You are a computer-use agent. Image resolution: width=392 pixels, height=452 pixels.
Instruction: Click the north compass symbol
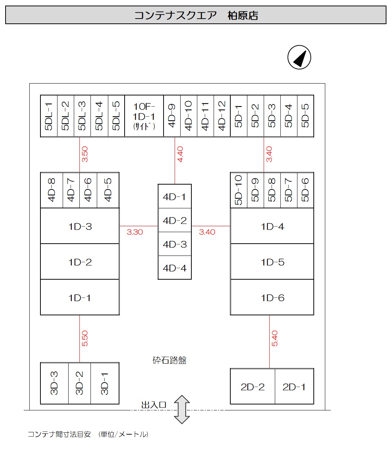(299, 58)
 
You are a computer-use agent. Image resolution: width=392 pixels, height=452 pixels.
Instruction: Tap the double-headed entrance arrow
(182, 409)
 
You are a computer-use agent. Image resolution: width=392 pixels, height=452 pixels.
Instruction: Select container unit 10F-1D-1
(144, 116)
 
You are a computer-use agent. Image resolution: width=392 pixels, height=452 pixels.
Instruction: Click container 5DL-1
(49, 116)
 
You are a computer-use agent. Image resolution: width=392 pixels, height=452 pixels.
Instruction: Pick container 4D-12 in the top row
(222, 116)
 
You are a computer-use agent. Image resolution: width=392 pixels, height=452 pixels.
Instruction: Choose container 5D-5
(305, 116)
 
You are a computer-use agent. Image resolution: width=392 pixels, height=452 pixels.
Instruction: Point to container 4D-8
(52, 190)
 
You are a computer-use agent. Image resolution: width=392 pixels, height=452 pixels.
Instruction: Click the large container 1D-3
(80, 226)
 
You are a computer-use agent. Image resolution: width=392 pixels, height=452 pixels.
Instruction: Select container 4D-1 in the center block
(174, 196)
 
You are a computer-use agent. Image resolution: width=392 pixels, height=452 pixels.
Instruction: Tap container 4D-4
(174, 268)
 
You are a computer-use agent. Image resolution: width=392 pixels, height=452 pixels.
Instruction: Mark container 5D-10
(238, 190)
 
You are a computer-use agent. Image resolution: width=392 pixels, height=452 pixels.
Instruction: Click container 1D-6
(272, 297)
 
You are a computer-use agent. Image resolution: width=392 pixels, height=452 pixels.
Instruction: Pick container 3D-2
(79, 383)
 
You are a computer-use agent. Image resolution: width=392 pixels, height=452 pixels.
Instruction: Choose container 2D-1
(294, 387)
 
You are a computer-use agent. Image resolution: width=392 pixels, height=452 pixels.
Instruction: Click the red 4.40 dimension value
(180, 154)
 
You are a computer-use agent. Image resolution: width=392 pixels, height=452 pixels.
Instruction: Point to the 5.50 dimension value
(85, 338)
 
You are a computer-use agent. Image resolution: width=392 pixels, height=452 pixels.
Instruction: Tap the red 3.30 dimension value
(135, 232)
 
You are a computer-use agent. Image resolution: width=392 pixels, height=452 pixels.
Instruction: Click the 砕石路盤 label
(169, 360)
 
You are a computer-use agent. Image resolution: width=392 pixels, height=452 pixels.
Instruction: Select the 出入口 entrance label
(154, 404)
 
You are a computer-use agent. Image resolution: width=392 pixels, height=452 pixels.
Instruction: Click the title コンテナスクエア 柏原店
(196, 16)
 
